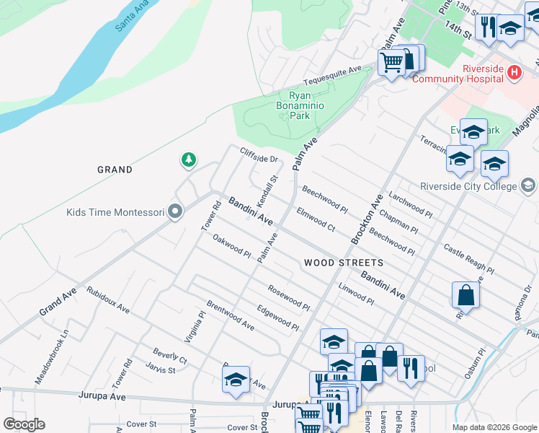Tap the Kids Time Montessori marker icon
[x=175, y=212]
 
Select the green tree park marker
[x=189, y=159]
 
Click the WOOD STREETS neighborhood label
[x=343, y=263]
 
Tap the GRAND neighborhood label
[x=115, y=170]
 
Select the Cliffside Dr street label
[x=259, y=154]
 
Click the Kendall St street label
[x=267, y=188]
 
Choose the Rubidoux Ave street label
[x=107, y=299]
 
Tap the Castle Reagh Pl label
[x=468, y=259]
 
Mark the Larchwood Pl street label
[x=410, y=204]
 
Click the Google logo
[x=24, y=424]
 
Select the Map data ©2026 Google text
[x=494, y=427]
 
